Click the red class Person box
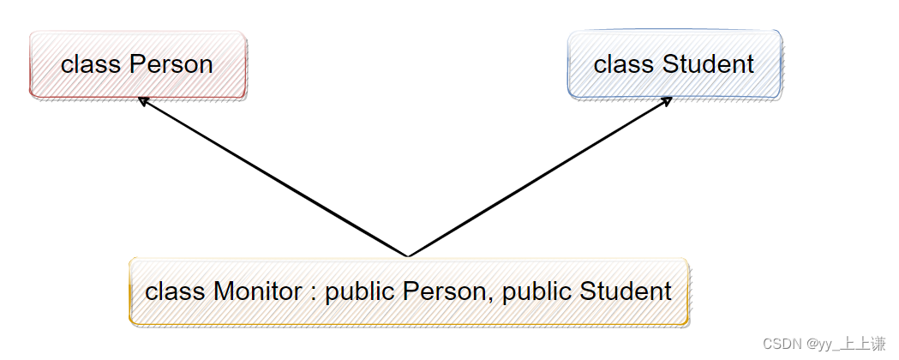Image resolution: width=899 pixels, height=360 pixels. tap(138, 65)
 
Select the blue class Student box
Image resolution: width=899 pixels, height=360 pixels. tap(674, 65)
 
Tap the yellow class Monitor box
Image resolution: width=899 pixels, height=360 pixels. tap(409, 292)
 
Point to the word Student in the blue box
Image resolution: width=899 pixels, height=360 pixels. tap(708, 64)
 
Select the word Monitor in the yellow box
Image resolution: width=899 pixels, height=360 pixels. tap(257, 291)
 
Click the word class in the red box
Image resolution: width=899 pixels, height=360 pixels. tap(92, 64)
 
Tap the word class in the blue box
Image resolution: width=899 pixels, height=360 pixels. tap(625, 64)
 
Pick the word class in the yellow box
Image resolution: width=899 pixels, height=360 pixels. tap(176, 291)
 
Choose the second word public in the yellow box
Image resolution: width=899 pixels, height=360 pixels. tap(537, 292)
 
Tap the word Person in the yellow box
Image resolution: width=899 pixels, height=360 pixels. tap(444, 291)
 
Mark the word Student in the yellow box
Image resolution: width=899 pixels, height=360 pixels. tap(626, 291)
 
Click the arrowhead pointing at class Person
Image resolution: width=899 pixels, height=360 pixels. tap(143, 102)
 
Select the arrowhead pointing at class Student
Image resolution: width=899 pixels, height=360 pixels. tap(666, 102)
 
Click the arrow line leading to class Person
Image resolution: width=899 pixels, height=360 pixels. tap(273, 177)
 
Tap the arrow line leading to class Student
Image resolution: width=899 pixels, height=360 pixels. tap(540, 177)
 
